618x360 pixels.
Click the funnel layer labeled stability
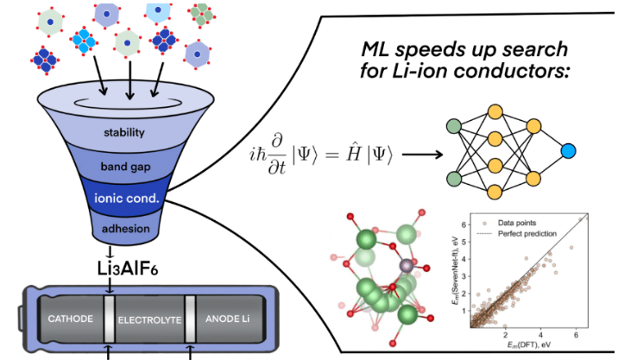(x=129, y=134)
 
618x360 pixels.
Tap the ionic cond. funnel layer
(x=129, y=199)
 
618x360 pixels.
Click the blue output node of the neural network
(x=567, y=152)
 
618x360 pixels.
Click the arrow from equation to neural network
(x=421, y=153)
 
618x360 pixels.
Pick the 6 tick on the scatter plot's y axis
(x=465, y=224)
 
